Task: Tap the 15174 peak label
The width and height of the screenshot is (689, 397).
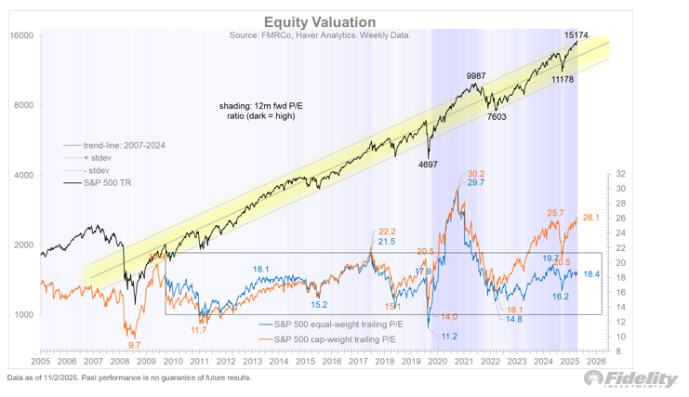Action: (579, 34)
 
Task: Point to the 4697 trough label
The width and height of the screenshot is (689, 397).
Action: (429, 165)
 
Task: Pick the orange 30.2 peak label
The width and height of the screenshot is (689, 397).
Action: (475, 174)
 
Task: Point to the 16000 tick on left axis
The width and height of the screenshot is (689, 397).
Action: (21, 35)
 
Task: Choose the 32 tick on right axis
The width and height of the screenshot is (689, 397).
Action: (620, 174)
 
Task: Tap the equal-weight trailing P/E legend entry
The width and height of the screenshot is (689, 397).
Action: (333, 323)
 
